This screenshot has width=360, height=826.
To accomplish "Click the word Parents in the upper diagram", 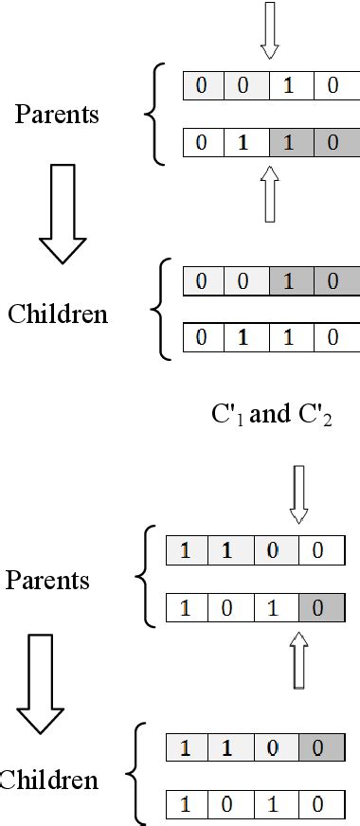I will click(x=57, y=115).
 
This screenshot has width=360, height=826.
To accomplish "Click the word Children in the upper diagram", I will click(x=58, y=314).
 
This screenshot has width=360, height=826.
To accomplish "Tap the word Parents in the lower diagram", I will click(x=47, y=580).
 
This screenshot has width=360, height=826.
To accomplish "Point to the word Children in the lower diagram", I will click(x=49, y=781).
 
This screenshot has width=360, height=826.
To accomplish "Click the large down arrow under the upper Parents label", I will click(x=63, y=213).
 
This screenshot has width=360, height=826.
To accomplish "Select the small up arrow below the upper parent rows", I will click(x=270, y=193).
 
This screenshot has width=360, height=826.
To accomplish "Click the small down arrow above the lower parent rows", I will click(x=299, y=493).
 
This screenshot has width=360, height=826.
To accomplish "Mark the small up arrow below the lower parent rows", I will click(x=299, y=660).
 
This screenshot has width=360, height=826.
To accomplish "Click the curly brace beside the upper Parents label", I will click(x=153, y=115).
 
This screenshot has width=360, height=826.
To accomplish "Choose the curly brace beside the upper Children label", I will click(x=158, y=309).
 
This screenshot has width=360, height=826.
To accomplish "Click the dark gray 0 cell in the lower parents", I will click(x=317, y=608).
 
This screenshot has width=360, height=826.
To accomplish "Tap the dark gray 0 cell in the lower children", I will click(x=317, y=748).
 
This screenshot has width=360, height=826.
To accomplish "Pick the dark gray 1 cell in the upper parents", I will click(x=289, y=145).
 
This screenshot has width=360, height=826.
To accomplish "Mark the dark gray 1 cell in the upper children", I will click(x=289, y=281).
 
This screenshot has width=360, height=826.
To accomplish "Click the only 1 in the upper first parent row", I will click(x=289, y=86).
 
